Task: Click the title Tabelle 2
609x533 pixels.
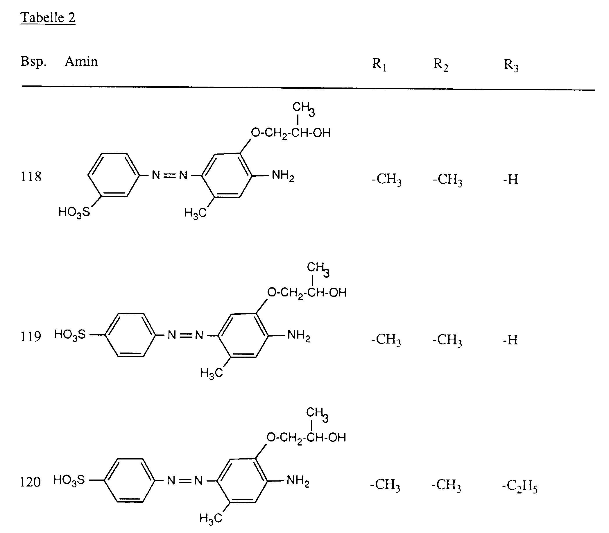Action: coord(48,17)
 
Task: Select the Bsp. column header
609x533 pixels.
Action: coord(34,62)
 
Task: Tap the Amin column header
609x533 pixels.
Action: coord(81,62)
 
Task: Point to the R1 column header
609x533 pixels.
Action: coord(379,64)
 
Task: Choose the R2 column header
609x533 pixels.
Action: coord(441,65)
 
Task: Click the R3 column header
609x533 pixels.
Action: coord(511,65)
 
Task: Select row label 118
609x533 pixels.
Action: coord(31,177)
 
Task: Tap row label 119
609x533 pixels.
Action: coord(31,337)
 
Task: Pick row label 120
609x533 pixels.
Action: coord(30,482)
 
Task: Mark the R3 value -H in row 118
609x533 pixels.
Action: coord(511,180)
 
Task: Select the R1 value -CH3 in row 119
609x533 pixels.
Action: coord(386,340)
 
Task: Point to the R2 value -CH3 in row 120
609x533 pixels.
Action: coord(446,485)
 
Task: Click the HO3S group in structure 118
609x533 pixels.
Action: coord(74,212)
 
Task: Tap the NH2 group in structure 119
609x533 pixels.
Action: coord(299,336)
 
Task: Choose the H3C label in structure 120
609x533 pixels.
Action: coord(211,518)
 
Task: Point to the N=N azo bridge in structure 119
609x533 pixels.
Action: coord(185,335)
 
